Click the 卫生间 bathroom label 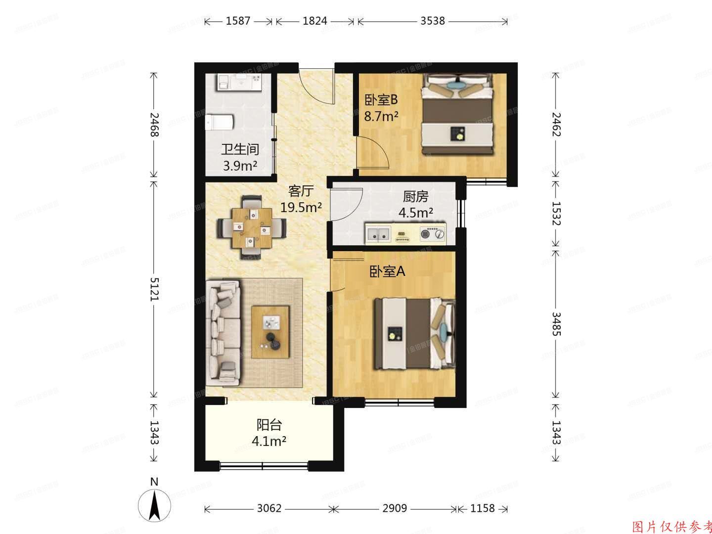(x=240, y=149)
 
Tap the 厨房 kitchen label (x=415, y=197)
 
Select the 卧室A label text (x=388, y=271)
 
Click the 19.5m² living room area (x=301, y=207)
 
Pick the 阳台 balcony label (x=269, y=425)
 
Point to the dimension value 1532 (x=556, y=213)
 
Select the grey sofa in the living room (x=223, y=334)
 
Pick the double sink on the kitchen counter (x=379, y=235)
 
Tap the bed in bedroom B (x=458, y=115)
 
